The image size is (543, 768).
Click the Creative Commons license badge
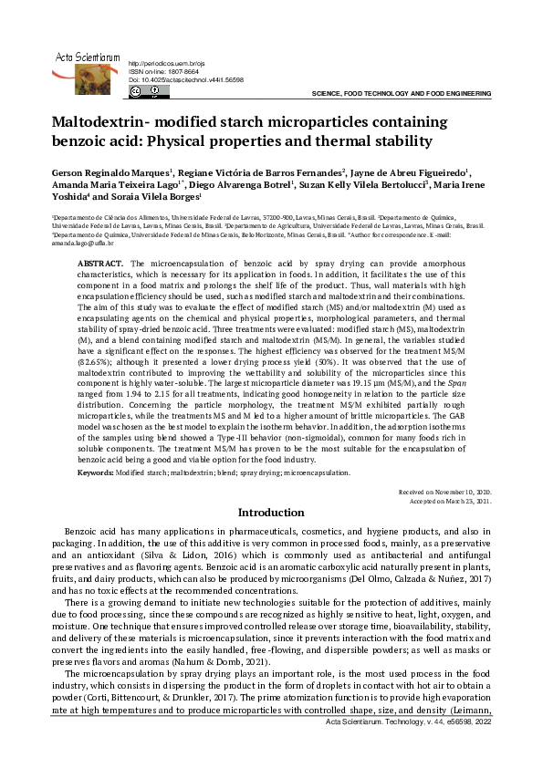[x=144, y=91]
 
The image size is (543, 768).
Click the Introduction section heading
[x=271, y=514]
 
